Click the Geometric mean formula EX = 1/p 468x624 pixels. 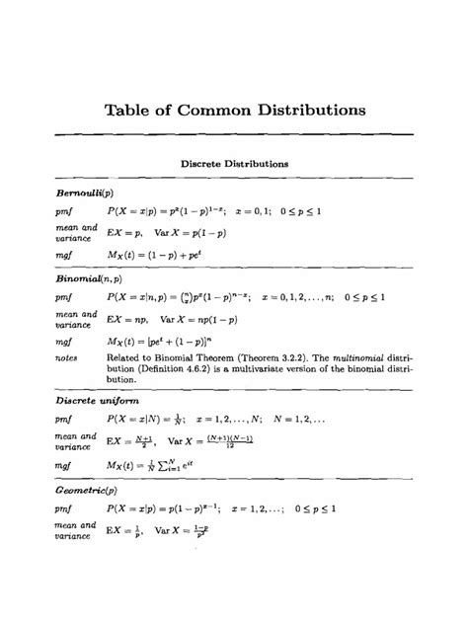click(x=123, y=533)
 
